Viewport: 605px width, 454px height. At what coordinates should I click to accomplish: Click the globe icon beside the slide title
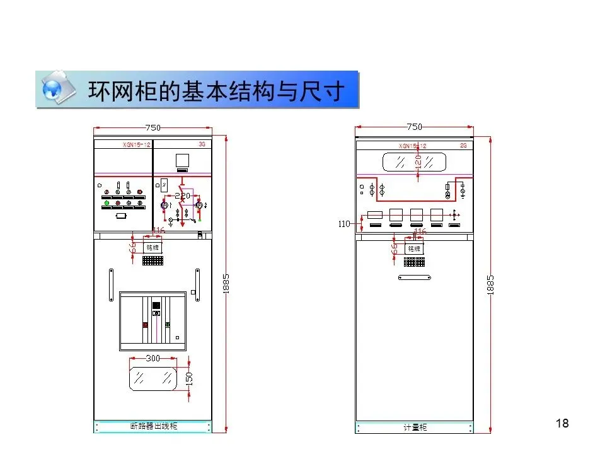pyautogui.click(x=57, y=89)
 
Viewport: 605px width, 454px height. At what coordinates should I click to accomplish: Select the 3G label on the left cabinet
pyautogui.click(x=202, y=144)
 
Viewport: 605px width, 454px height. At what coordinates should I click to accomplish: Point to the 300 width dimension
pyautogui.click(x=153, y=358)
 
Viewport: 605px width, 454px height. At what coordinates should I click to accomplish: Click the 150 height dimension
pyautogui.click(x=188, y=378)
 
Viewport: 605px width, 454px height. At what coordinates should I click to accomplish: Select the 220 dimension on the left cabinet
pyautogui.click(x=182, y=196)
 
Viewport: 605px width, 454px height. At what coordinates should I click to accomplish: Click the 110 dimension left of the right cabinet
pyautogui.click(x=344, y=224)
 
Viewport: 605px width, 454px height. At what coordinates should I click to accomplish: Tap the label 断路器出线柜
pyautogui.click(x=153, y=426)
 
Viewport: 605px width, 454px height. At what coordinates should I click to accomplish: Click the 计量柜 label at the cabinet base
pyautogui.click(x=415, y=427)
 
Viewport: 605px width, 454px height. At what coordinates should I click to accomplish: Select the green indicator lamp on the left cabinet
pyautogui.click(x=107, y=203)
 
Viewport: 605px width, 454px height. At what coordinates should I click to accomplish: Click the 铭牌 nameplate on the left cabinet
pyautogui.click(x=153, y=248)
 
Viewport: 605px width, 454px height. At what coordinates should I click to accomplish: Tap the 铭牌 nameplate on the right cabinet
pyautogui.click(x=413, y=248)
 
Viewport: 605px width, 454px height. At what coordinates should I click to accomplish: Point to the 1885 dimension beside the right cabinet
pyautogui.click(x=491, y=284)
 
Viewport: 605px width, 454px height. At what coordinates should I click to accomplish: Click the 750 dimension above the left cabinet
pyautogui.click(x=153, y=127)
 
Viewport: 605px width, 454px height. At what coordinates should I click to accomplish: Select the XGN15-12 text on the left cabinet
pyautogui.click(x=137, y=145)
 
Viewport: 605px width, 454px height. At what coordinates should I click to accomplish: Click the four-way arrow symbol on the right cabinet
pyautogui.click(x=454, y=216)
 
